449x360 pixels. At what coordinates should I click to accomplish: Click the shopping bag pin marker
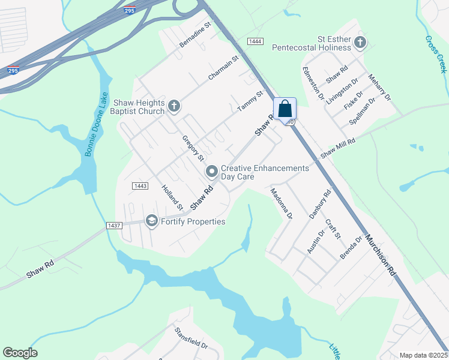pyautogui.click(x=285, y=110)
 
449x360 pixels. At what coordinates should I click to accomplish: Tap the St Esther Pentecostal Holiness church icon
pyautogui.click(x=360, y=42)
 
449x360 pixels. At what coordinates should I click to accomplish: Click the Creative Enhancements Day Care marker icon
pyautogui.click(x=212, y=172)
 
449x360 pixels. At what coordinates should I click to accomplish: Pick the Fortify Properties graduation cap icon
pyautogui.click(x=151, y=221)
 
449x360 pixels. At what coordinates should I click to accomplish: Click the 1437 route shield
pyautogui.click(x=114, y=225)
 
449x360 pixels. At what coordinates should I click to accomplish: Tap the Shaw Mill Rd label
pyautogui.click(x=338, y=148)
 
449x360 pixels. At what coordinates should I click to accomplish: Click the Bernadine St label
pyautogui.click(x=196, y=35)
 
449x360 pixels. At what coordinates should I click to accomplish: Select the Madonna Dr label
pyautogui.click(x=281, y=203)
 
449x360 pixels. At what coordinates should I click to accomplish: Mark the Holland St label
pyautogui.click(x=172, y=197)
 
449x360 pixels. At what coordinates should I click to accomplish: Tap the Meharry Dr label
pyautogui.click(x=379, y=87)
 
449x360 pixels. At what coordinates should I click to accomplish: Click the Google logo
pyautogui.click(x=20, y=353)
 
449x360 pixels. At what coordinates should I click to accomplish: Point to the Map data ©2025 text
pyautogui.click(x=423, y=355)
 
